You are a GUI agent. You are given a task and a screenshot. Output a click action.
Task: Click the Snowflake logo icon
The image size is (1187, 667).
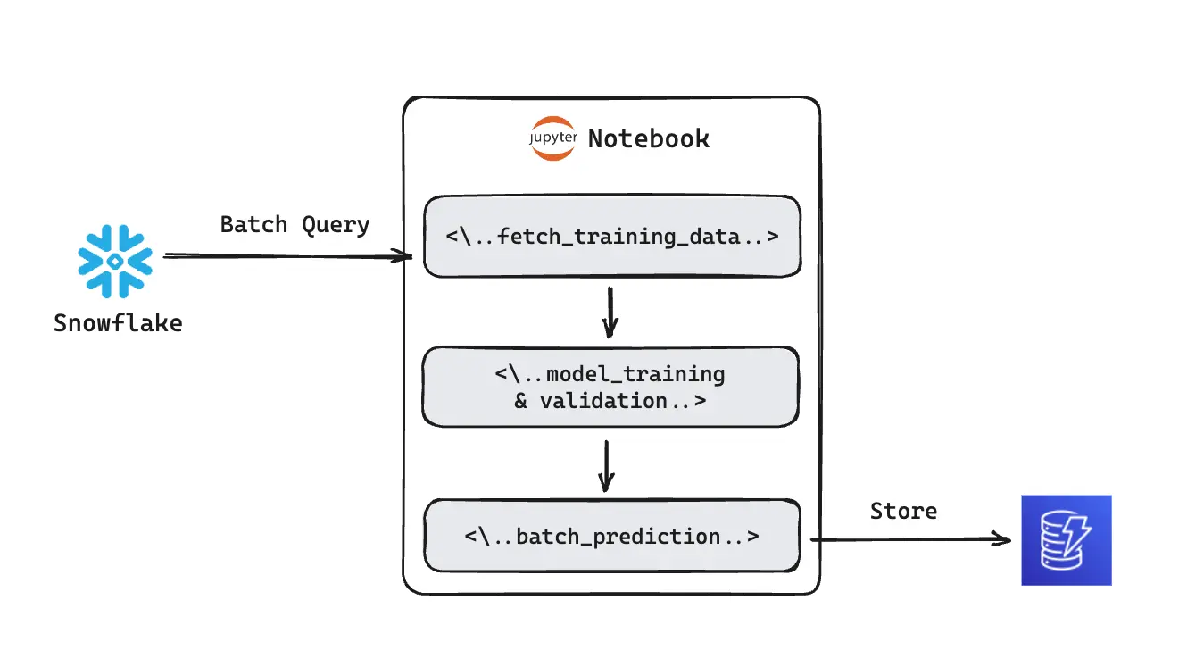tap(115, 261)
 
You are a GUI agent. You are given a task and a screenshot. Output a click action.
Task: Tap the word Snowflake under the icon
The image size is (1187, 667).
tap(118, 322)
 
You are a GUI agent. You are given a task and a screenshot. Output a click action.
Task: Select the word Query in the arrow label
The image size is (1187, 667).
tap(336, 224)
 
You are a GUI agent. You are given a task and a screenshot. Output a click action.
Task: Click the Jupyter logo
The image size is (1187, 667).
tap(552, 138)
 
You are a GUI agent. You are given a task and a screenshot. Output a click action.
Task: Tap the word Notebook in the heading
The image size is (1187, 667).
tap(649, 139)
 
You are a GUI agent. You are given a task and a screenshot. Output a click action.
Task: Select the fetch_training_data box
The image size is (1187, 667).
tap(611, 237)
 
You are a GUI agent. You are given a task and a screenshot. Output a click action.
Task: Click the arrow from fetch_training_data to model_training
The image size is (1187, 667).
tap(610, 312)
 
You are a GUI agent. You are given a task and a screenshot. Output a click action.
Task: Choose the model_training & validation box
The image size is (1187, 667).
tap(610, 387)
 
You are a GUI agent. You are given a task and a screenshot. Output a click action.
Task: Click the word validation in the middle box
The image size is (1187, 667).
tap(603, 401)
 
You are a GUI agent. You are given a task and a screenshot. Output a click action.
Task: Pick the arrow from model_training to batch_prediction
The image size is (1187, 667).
tap(606, 464)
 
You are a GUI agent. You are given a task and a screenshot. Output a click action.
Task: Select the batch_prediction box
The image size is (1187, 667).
tap(611, 536)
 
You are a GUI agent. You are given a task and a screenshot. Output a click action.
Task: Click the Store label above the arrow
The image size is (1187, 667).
tap(903, 511)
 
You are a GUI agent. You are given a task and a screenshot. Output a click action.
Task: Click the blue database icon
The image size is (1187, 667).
tap(1066, 540)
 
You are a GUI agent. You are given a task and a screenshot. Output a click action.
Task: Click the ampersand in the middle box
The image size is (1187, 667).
tap(521, 401)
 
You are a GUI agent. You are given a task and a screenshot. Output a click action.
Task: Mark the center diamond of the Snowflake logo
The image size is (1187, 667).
tap(115, 261)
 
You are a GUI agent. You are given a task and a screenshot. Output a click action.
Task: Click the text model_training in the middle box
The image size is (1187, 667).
tap(635, 373)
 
